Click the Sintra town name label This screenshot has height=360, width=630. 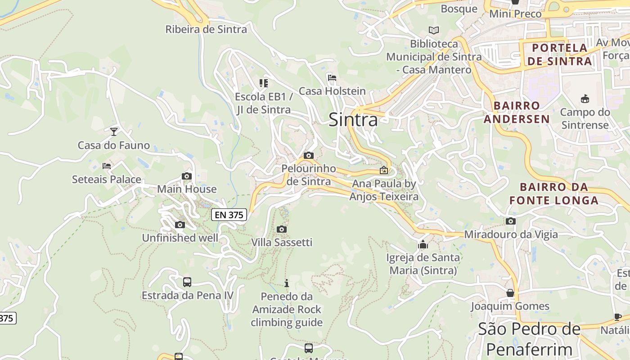(x=353, y=120)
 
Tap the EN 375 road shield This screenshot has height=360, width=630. (x=229, y=215)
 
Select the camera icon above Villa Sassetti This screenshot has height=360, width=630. (x=282, y=229)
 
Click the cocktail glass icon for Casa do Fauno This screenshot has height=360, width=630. (x=114, y=131)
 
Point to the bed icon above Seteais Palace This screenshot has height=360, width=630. (x=107, y=166)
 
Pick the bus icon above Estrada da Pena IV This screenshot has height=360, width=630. (x=187, y=282)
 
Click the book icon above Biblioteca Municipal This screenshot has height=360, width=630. (x=434, y=31)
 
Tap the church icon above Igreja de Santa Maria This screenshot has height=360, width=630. (x=423, y=245)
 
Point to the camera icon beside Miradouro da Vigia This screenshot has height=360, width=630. (x=510, y=221)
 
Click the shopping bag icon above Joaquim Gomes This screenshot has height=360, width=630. (x=510, y=293)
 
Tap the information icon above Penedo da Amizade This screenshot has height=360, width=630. (x=287, y=283)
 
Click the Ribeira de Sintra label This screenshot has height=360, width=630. (x=206, y=30)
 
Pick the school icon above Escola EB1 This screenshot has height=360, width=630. (x=264, y=83)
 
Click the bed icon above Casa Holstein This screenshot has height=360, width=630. (x=332, y=78)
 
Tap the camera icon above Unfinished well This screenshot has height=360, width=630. (x=180, y=225)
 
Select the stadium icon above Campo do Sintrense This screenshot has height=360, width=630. (x=585, y=99)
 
